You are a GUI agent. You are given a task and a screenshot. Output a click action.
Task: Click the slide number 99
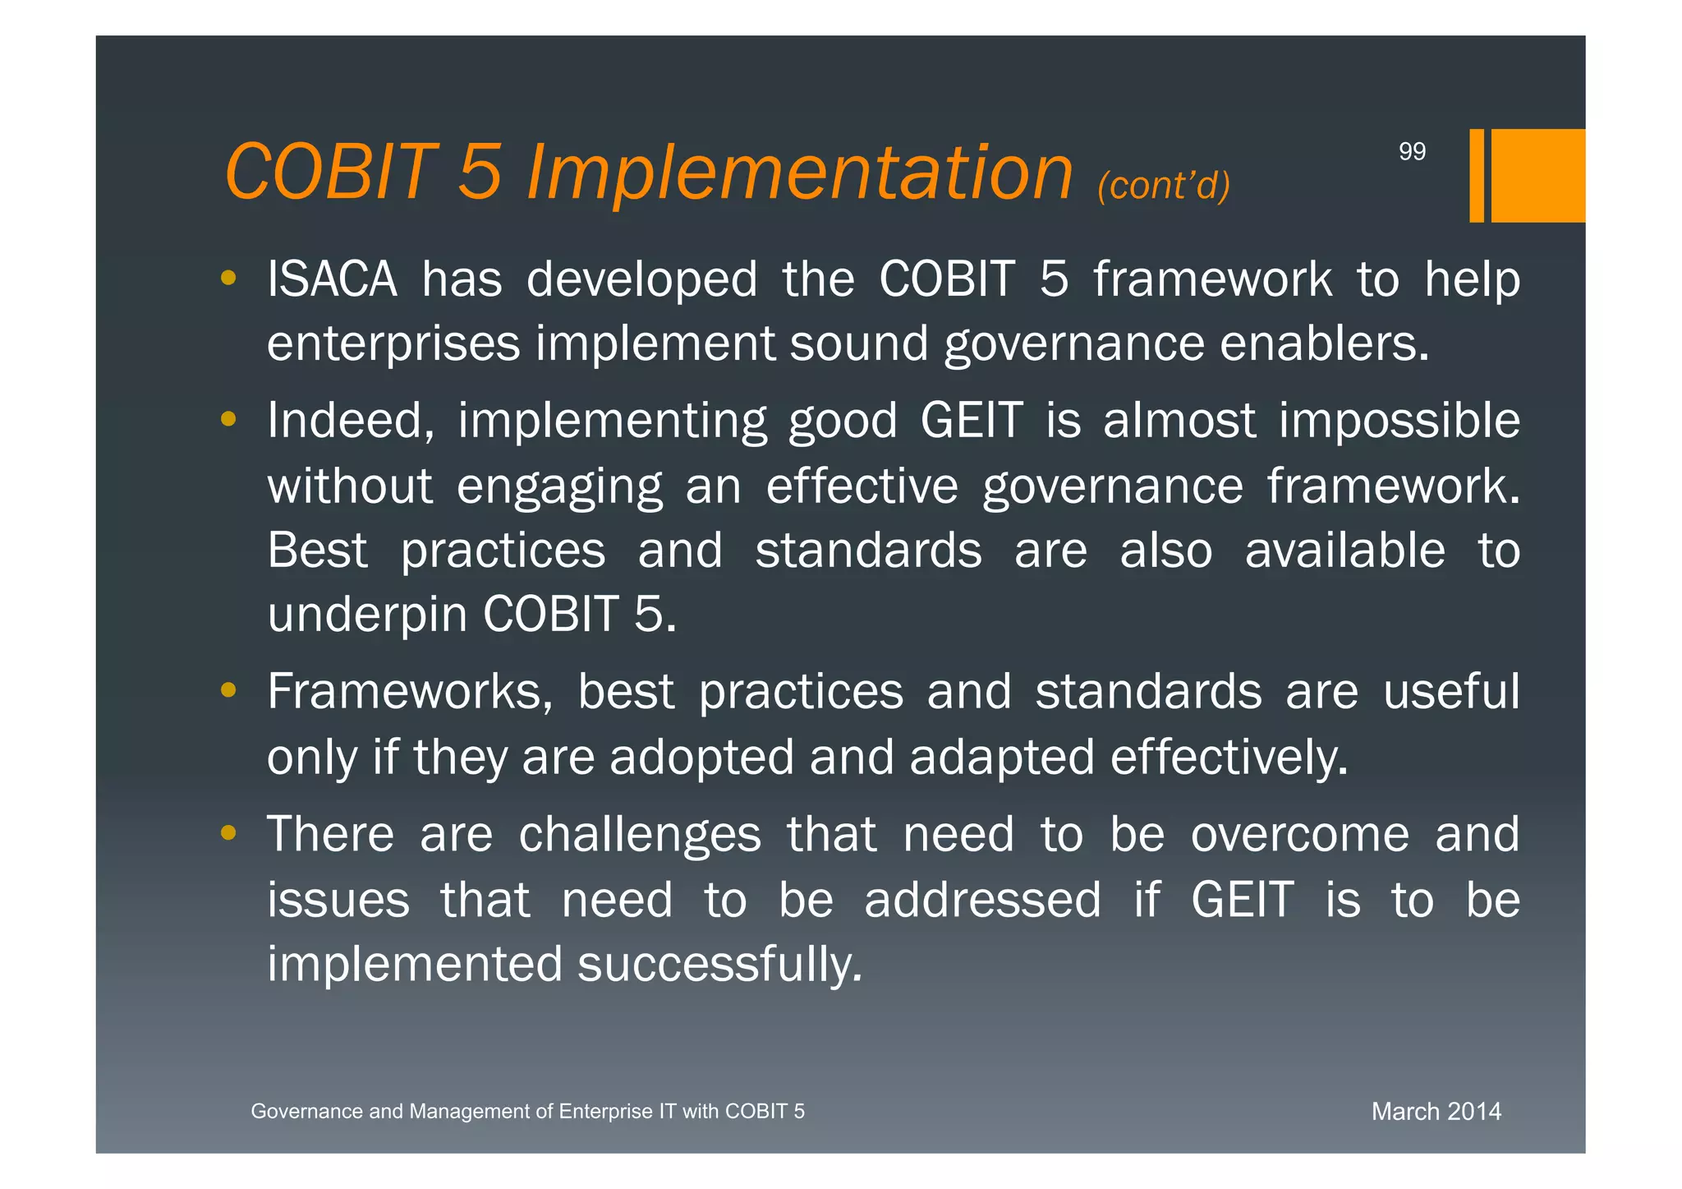click(x=1412, y=151)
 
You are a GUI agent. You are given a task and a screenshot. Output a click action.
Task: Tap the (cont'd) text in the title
click(x=1164, y=186)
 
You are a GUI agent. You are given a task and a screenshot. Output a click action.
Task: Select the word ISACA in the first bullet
click(x=332, y=279)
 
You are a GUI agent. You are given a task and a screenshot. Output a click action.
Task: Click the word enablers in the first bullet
click(x=1324, y=343)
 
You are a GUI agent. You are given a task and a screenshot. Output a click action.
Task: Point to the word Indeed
click(x=351, y=421)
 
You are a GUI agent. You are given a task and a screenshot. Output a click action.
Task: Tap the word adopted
click(x=701, y=757)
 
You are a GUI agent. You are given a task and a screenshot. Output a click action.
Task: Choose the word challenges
click(x=640, y=835)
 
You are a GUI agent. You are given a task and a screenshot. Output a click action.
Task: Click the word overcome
click(x=1299, y=835)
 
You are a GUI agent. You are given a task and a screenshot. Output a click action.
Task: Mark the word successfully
click(x=719, y=964)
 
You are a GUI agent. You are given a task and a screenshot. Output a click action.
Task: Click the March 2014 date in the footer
click(x=1436, y=1112)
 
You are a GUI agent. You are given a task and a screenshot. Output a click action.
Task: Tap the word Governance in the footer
click(x=306, y=1112)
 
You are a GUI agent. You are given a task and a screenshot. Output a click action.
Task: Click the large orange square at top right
click(x=1537, y=175)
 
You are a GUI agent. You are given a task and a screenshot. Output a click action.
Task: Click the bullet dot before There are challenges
click(x=228, y=834)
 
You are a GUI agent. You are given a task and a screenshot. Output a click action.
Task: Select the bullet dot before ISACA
click(x=228, y=278)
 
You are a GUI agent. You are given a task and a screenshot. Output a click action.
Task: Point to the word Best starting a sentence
click(x=317, y=550)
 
